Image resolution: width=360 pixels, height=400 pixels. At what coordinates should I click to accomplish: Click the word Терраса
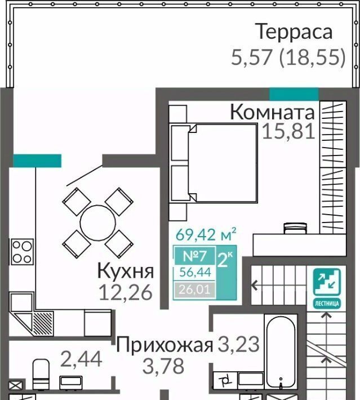click(x=294, y=32)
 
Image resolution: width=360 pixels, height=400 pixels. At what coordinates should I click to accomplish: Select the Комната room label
click(x=272, y=112)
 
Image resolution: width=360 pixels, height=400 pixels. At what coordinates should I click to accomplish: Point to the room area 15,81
click(x=288, y=132)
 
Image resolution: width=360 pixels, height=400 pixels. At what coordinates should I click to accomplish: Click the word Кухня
click(x=126, y=272)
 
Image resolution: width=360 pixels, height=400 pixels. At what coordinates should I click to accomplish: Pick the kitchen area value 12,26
click(x=126, y=292)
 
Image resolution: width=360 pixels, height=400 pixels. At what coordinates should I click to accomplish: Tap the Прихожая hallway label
click(x=165, y=345)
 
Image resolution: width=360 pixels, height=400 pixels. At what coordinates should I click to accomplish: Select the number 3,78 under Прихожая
click(x=163, y=366)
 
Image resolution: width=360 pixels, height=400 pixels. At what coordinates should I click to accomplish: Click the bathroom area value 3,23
click(x=238, y=344)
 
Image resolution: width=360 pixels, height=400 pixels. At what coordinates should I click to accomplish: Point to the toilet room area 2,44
click(x=81, y=359)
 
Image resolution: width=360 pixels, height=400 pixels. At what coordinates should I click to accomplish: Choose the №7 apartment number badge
click(x=195, y=256)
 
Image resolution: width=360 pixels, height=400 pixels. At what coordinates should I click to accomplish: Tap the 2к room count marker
click(x=225, y=260)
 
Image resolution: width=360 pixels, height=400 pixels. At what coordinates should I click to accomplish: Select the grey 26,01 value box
click(x=195, y=290)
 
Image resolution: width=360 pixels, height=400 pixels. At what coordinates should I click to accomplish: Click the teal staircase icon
click(x=327, y=288)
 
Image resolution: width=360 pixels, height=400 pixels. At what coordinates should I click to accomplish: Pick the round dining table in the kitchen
click(x=98, y=223)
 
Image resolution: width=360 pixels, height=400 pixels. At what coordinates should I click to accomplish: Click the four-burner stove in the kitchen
click(x=22, y=252)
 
